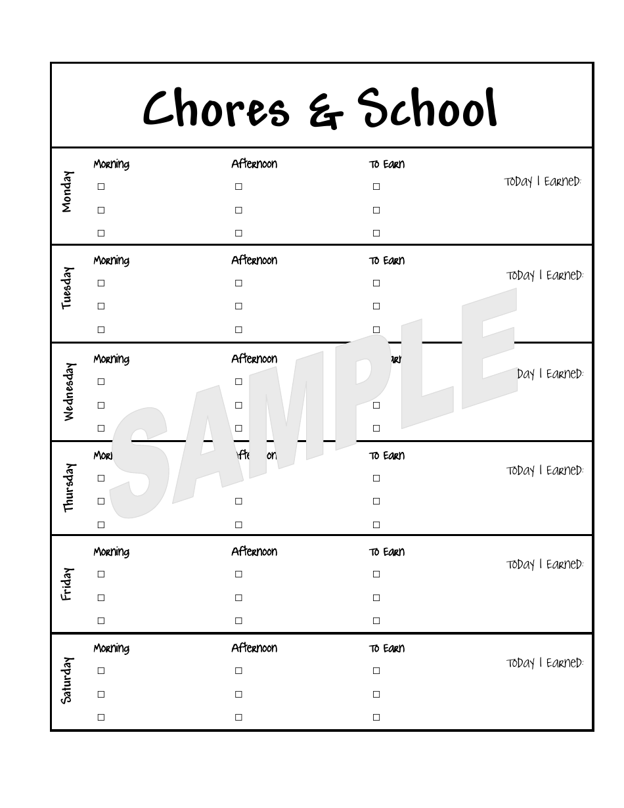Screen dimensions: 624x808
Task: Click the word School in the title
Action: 427,108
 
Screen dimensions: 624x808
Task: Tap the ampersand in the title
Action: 326,112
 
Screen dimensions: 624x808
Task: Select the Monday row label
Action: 67,192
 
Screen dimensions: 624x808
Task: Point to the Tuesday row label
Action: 67,288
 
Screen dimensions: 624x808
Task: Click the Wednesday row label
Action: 68,392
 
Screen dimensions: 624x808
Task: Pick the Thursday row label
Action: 68,487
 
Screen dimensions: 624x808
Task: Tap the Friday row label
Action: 67,584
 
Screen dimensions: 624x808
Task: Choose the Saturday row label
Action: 67,681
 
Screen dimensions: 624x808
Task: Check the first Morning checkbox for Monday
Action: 101,187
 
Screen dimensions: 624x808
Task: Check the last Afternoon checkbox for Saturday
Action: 238,717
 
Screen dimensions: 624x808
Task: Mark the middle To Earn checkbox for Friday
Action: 376,598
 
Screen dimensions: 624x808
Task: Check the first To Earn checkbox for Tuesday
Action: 376,283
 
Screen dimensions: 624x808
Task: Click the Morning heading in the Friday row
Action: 111,552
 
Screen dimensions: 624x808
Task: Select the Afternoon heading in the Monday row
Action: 254,164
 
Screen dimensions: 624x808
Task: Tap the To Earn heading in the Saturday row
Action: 386,649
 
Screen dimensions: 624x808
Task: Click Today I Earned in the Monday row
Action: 543,182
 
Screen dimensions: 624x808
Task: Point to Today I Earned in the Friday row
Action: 545,565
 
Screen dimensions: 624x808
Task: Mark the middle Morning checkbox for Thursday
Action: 101,501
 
